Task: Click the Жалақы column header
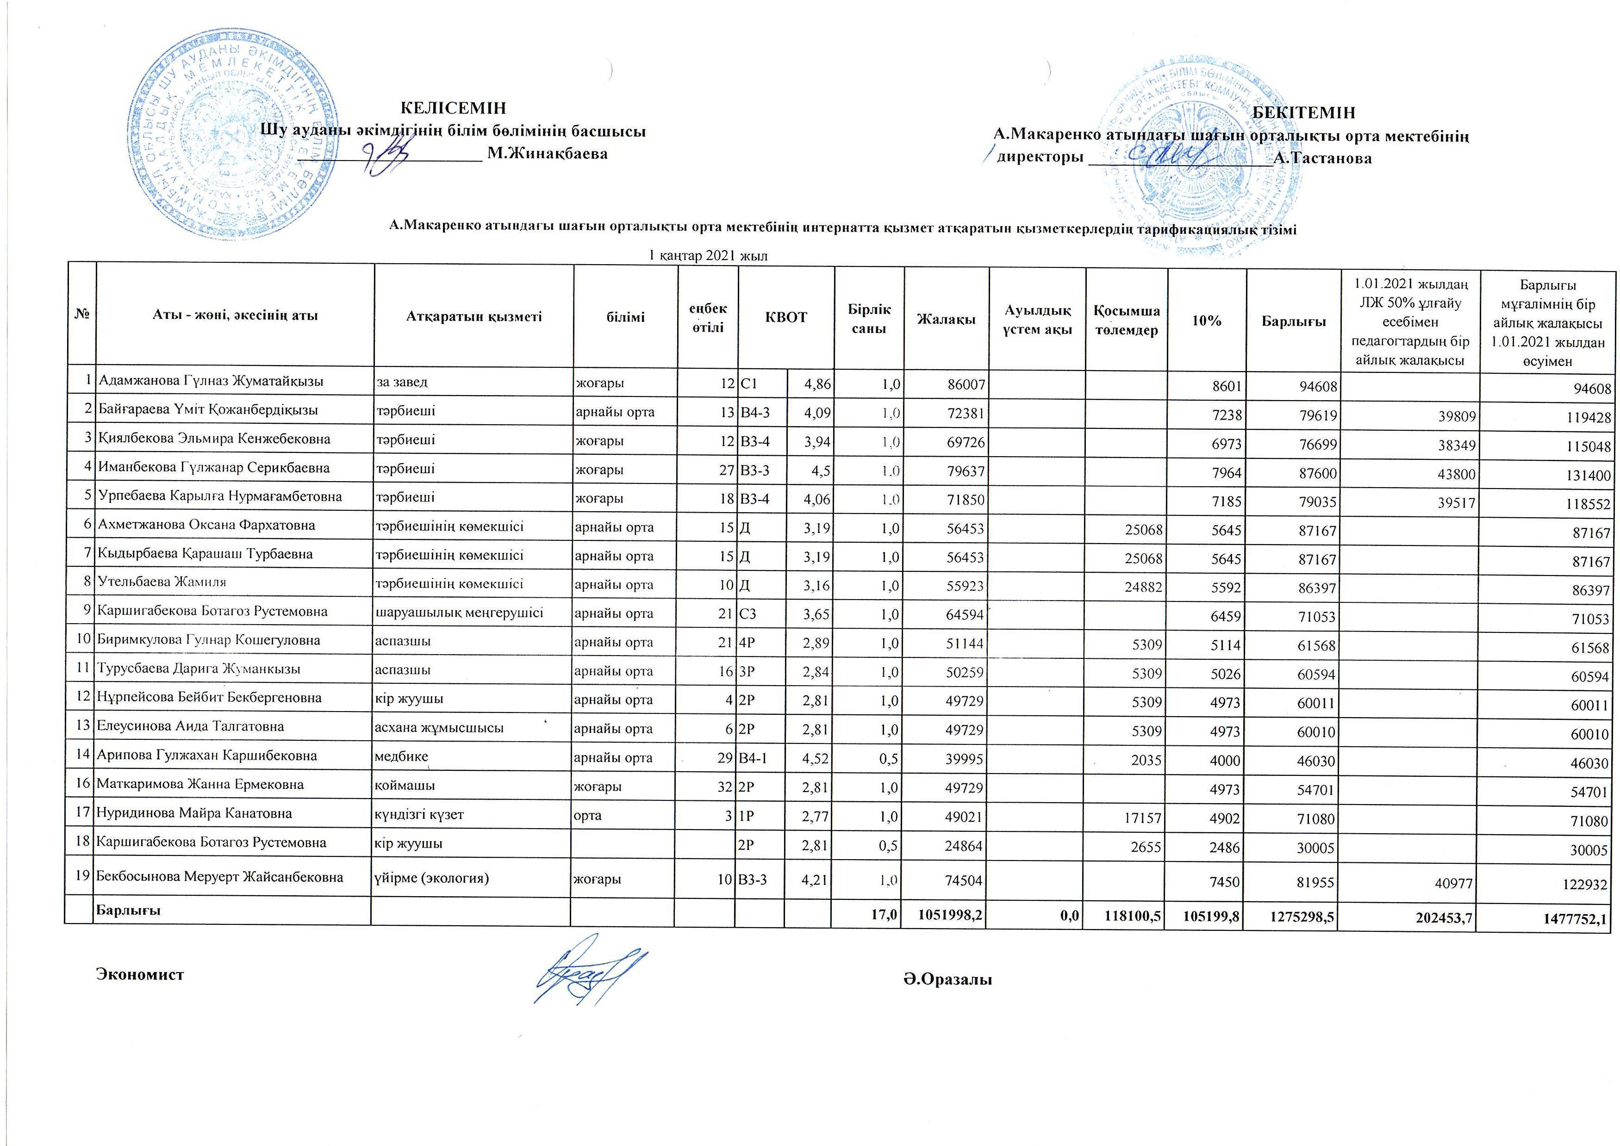pos(946,319)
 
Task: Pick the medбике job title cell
pos(401,756)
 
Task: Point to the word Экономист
pos(140,974)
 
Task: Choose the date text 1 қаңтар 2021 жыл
pos(708,255)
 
